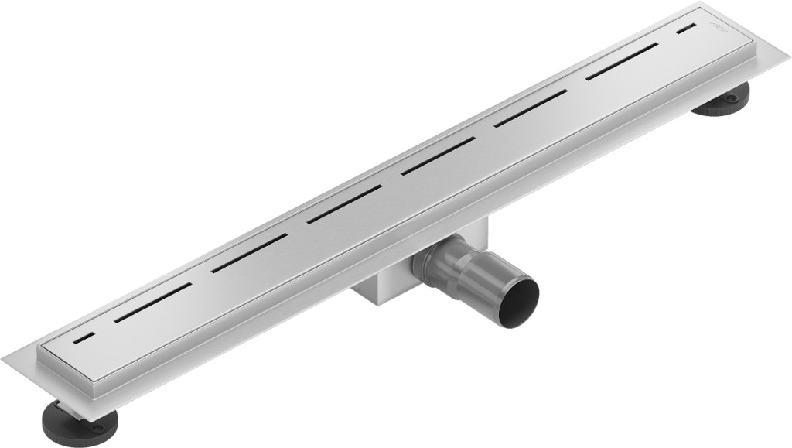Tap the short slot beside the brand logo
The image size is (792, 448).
(x=685, y=30)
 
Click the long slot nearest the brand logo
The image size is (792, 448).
(x=622, y=62)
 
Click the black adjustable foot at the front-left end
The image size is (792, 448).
(x=82, y=422)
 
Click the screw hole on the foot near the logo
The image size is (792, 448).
(x=730, y=98)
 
